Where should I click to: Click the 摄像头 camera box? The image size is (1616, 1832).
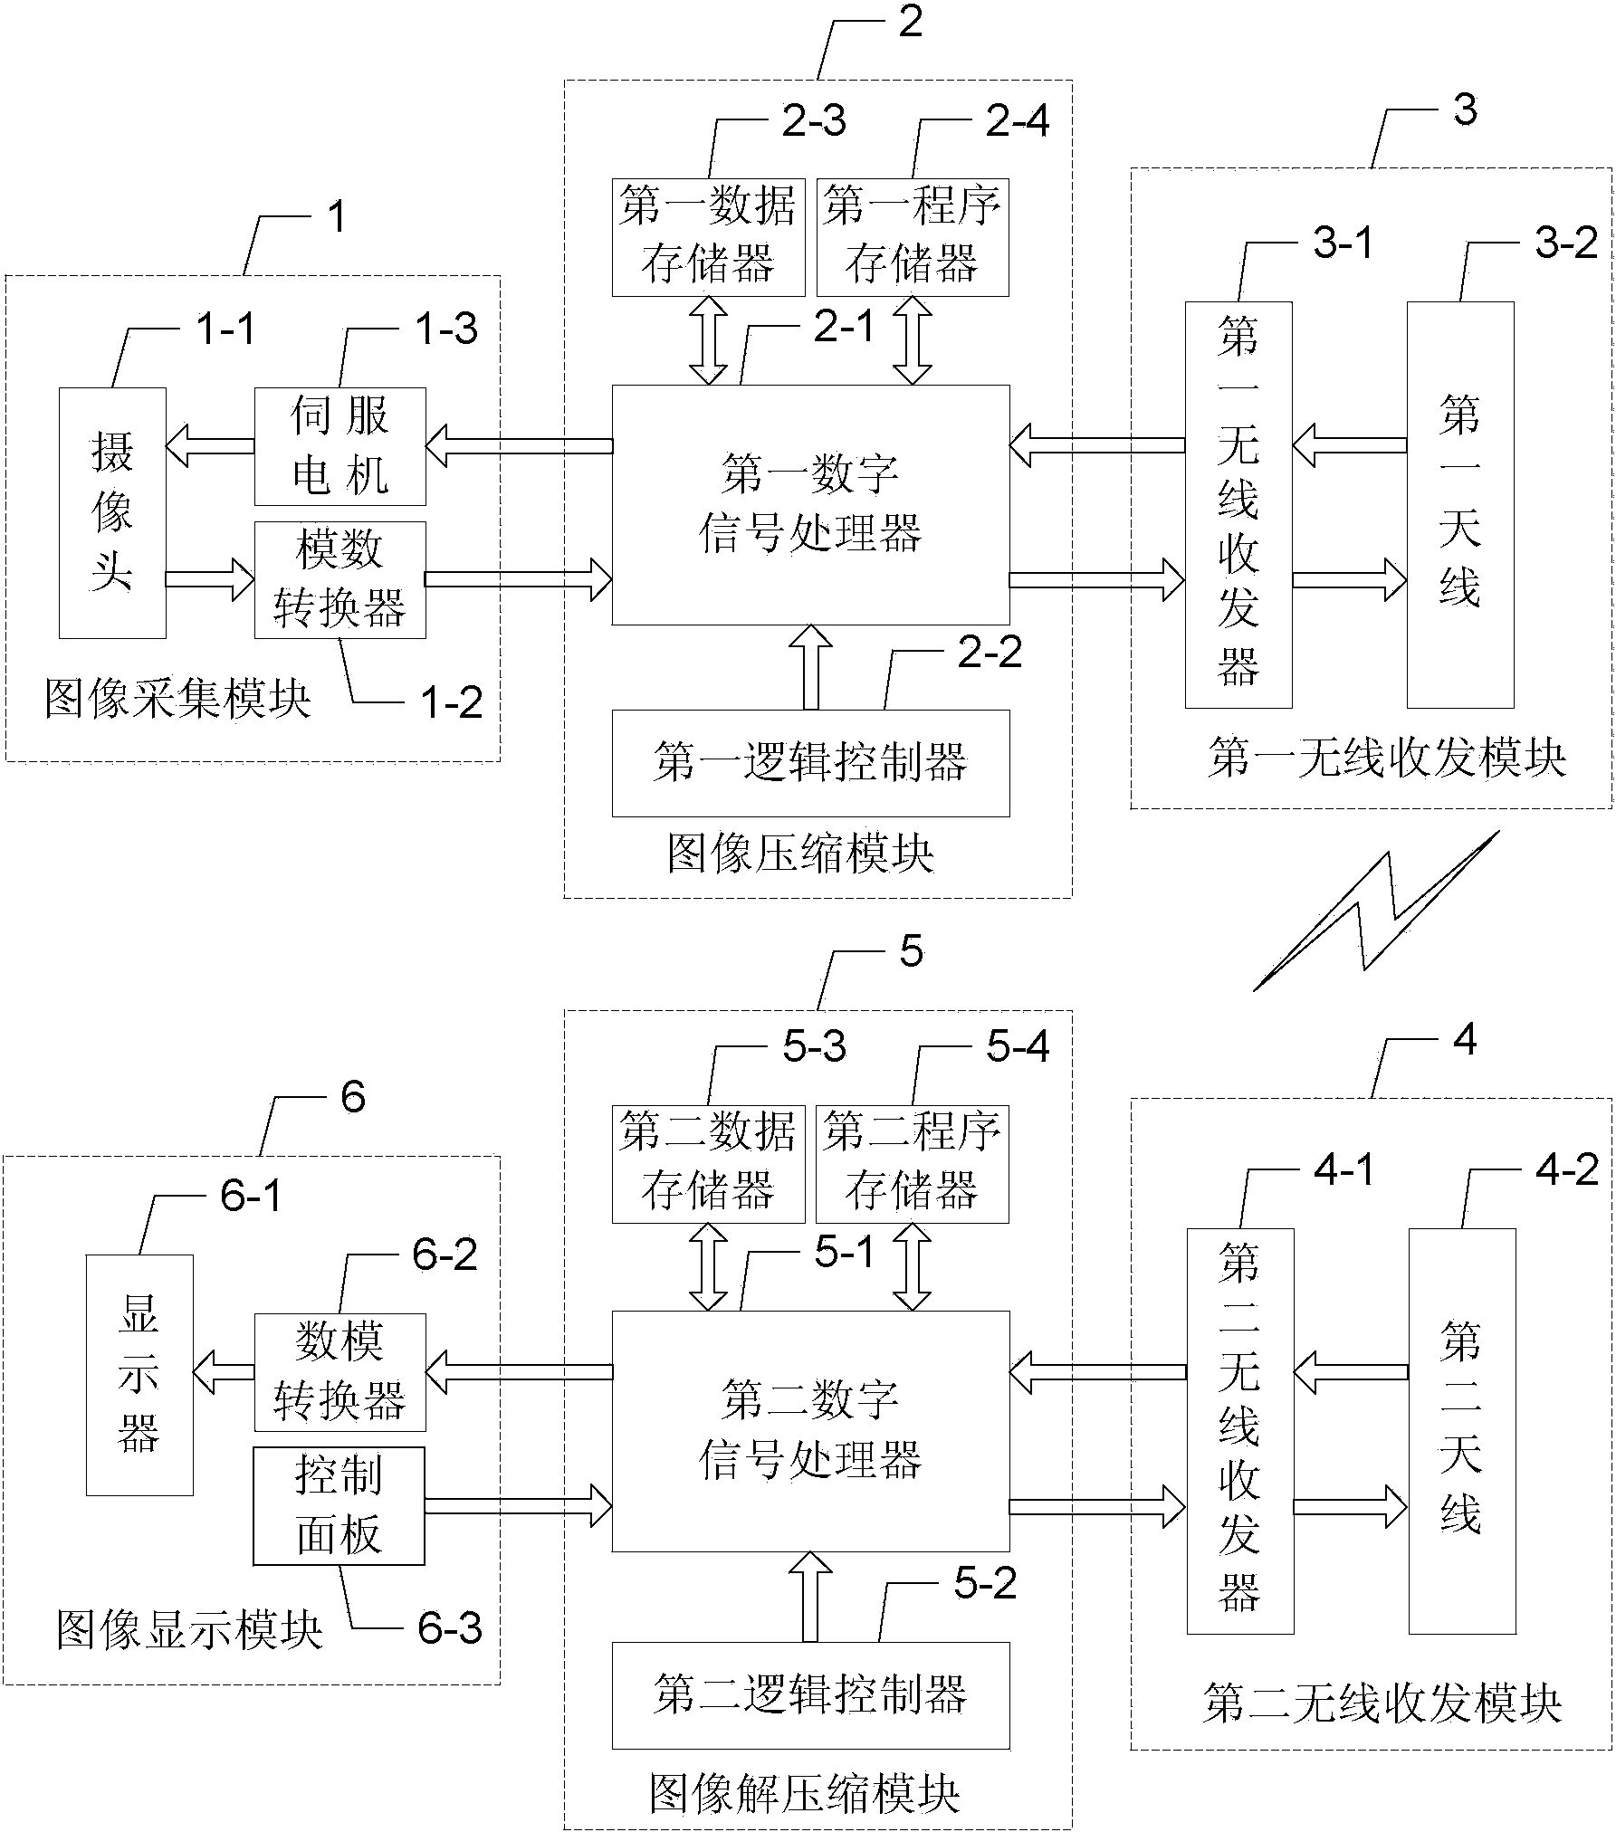pos(112,512)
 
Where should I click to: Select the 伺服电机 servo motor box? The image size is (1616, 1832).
pos(339,446)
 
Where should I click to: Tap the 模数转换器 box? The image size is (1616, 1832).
pos(339,579)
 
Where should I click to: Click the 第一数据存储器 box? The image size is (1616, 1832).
pos(708,237)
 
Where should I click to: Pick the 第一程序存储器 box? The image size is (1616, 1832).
pos(913,237)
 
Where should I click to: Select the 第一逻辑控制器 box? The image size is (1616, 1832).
pos(810,762)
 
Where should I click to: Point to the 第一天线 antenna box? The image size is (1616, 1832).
pos(1459,504)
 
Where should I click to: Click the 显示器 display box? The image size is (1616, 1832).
pos(139,1374)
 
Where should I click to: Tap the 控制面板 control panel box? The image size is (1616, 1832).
pos(339,1505)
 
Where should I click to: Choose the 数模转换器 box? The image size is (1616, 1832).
pos(339,1372)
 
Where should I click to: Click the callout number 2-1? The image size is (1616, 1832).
pos(844,326)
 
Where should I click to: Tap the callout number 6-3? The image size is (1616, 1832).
pos(450,1628)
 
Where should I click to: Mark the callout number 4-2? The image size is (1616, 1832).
pos(1567,1170)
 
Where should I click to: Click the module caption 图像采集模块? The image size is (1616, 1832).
pos(177,700)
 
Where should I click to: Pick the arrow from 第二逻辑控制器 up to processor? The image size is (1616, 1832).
pos(810,1595)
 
